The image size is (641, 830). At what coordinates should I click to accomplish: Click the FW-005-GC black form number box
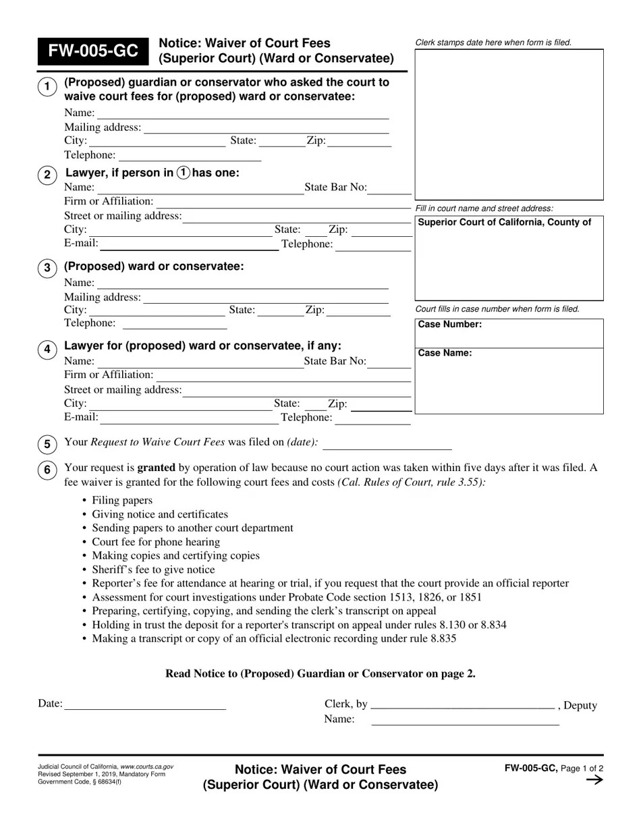tap(92, 51)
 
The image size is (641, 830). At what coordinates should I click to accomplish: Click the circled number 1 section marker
tap(47, 87)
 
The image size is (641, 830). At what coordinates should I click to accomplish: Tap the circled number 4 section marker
tap(47, 349)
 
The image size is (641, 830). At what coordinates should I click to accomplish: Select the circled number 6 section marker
tap(47, 470)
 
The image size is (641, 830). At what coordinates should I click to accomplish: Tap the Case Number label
tap(449, 325)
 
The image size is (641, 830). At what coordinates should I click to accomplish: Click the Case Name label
tap(445, 353)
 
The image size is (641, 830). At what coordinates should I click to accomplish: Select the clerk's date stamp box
tap(509, 123)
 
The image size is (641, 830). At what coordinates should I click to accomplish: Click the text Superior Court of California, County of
tap(505, 223)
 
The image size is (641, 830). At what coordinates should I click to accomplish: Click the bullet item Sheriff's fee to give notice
tap(153, 570)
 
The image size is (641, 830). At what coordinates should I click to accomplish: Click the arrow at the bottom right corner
tap(594, 780)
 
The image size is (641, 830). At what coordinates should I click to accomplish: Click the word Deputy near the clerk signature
tap(580, 706)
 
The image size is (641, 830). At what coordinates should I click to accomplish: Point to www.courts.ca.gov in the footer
tap(146, 767)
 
